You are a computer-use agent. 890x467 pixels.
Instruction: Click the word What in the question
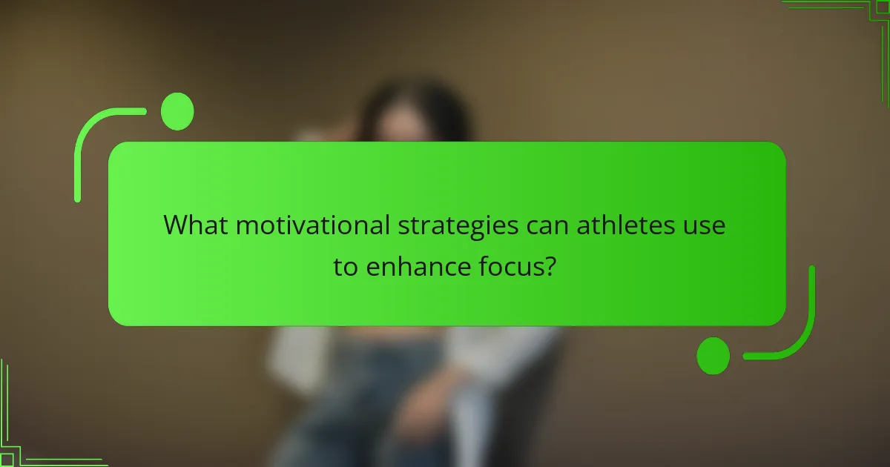pos(196,225)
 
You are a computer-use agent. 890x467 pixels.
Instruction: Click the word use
pos(705,225)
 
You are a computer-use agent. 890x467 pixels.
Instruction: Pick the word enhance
pos(418,267)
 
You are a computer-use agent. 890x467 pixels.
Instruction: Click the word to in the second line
pos(346,268)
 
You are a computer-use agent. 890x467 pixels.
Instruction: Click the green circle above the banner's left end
pos(177,111)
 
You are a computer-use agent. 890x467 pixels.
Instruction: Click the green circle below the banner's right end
pos(713,355)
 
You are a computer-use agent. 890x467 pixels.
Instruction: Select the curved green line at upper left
pos(89,141)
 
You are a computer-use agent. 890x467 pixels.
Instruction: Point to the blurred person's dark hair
pos(415,111)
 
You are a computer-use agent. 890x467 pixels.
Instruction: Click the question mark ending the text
pos(550,267)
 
